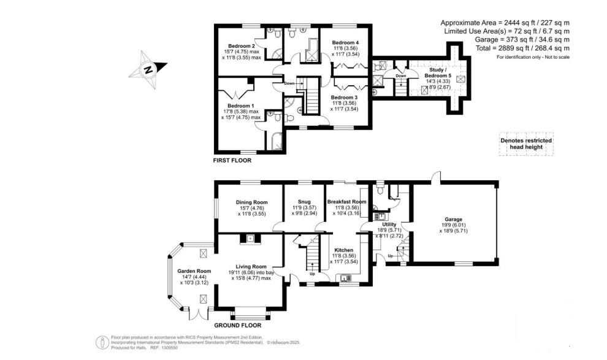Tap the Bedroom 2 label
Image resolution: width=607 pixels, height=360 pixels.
241,46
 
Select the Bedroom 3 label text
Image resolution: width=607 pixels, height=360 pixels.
344,97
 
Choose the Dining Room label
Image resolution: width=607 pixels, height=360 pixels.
252,202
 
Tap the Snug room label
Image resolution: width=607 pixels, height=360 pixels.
304,202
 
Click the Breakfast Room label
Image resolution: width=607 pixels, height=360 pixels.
346,202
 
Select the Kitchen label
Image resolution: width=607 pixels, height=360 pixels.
343,250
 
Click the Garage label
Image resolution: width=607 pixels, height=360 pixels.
454,219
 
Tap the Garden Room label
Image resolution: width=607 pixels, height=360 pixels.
194,271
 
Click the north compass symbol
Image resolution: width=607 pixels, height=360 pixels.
148,69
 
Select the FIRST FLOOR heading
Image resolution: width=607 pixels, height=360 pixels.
232,161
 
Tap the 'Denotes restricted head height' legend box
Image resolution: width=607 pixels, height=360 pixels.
526,144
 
